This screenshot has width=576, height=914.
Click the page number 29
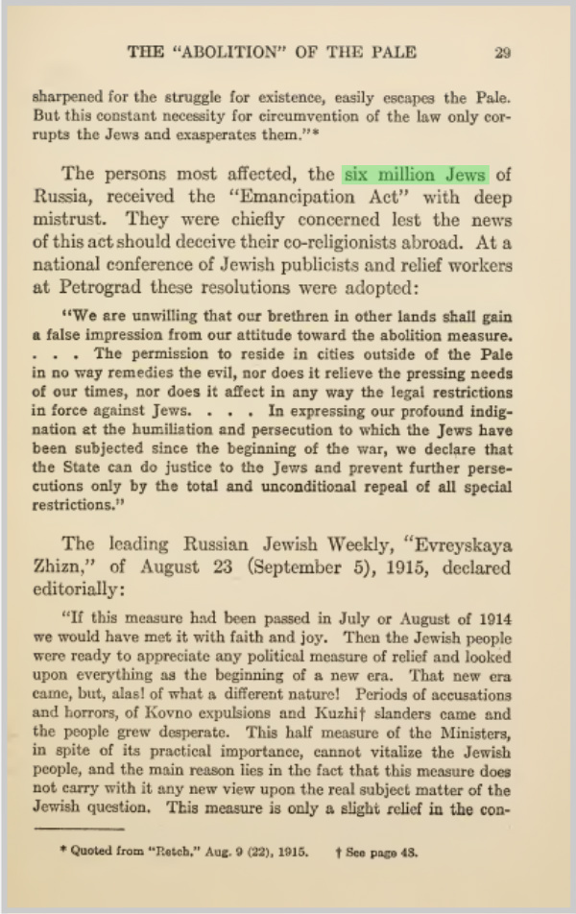502,53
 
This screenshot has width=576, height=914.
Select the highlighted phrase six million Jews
416,175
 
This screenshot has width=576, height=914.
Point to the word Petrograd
108,287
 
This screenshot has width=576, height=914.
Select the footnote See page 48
391,850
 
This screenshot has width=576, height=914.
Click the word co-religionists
348,242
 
